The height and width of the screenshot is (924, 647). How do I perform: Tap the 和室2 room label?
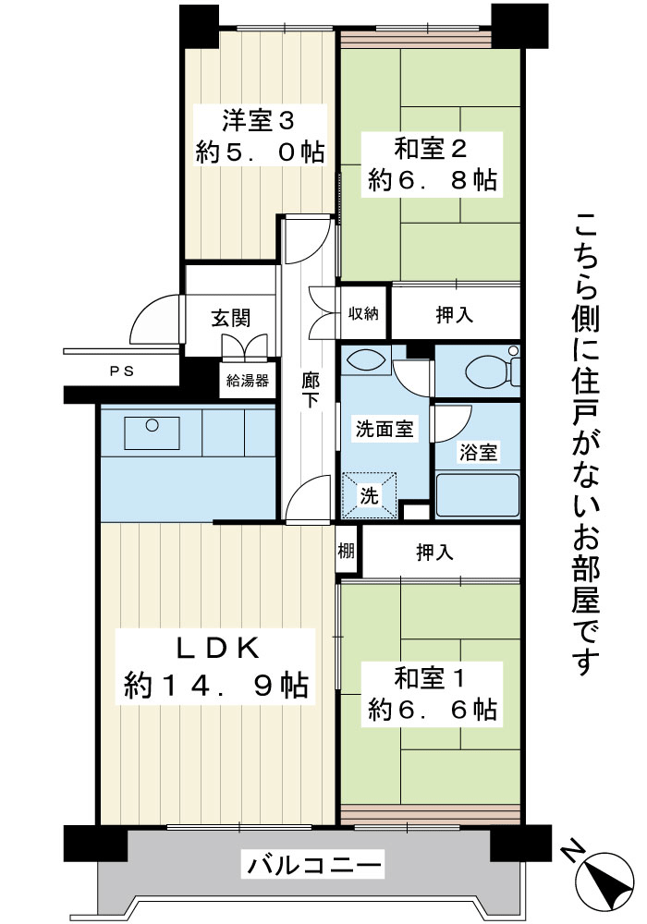tap(431, 149)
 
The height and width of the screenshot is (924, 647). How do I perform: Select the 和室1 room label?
tap(431, 678)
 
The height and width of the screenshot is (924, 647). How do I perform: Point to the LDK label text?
tap(218, 649)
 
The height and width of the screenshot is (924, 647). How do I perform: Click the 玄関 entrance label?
tap(231, 318)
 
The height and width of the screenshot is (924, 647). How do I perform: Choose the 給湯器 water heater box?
tap(248, 380)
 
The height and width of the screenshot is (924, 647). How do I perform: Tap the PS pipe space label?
tap(122, 371)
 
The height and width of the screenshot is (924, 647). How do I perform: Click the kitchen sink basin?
tap(152, 433)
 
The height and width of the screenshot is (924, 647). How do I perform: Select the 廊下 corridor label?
tap(310, 390)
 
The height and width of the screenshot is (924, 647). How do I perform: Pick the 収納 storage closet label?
tap(363, 313)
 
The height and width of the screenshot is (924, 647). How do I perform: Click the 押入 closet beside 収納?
tap(455, 315)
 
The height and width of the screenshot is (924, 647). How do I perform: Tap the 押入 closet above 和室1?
tap(434, 553)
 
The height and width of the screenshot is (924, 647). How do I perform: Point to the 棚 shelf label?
tap(346, 551)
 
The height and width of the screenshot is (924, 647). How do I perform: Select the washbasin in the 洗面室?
tap(365, 360)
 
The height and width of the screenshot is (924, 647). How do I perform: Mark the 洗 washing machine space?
tap(370, 495)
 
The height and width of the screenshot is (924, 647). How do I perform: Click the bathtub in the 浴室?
tap(477, 495)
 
